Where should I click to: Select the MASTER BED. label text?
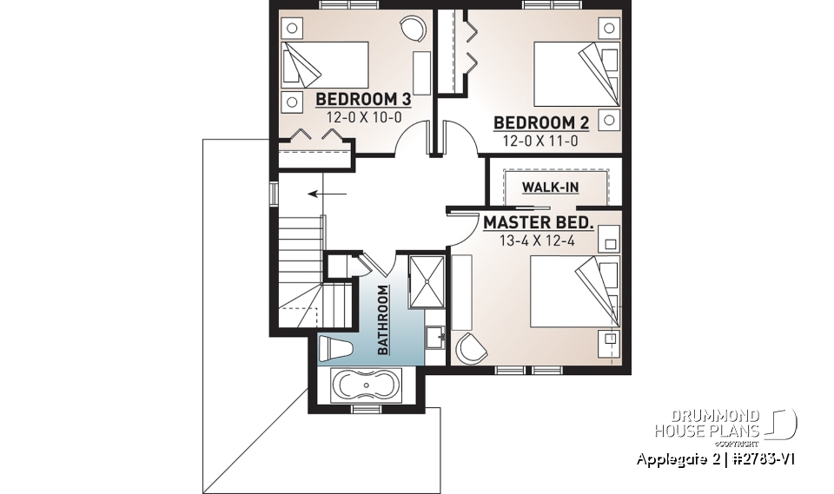click(539, 223)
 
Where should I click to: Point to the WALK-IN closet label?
click(550, 187)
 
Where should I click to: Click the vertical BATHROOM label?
click(382, 320)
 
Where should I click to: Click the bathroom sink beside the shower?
click(435, 335)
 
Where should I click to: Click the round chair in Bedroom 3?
click(414, 30)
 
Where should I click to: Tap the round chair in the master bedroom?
click(472, 347)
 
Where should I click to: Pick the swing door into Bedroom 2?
click(459, 137)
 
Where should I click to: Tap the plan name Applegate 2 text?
click(674, 458)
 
